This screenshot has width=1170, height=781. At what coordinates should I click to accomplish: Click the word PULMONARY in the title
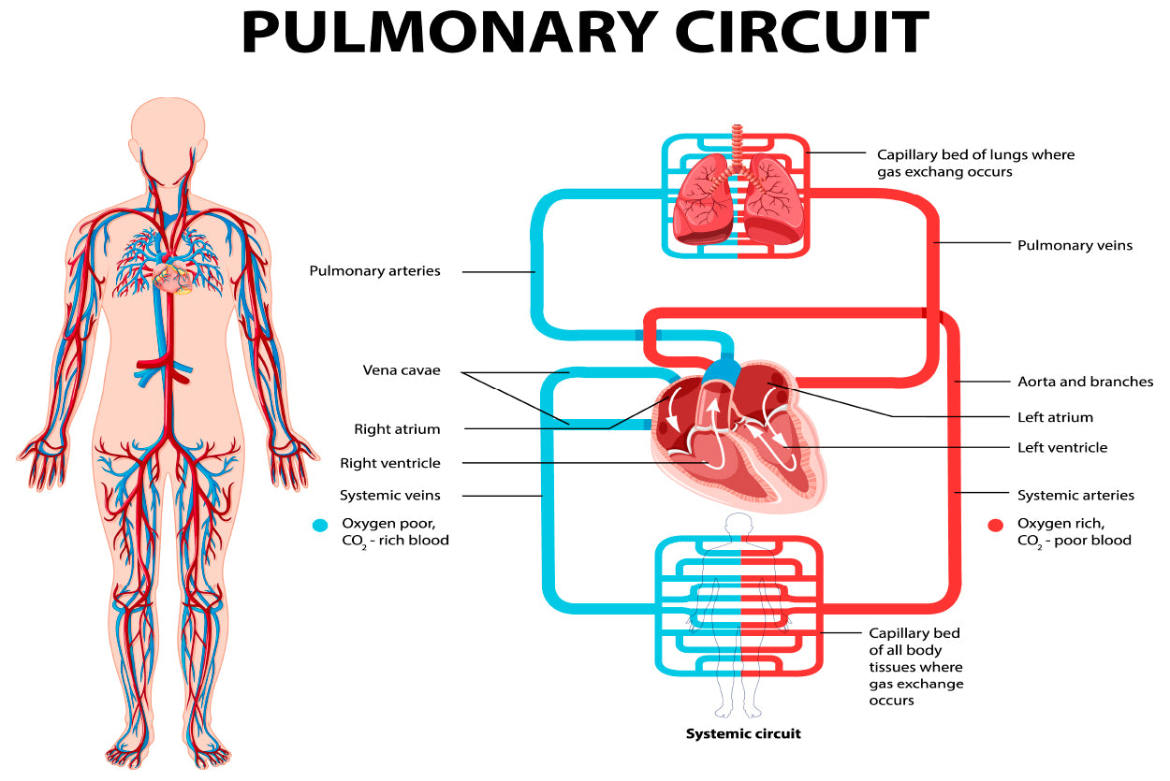448,34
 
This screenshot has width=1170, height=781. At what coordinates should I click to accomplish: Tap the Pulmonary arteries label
374,271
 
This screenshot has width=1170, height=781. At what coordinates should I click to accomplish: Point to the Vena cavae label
402,370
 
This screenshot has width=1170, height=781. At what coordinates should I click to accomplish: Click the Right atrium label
397,429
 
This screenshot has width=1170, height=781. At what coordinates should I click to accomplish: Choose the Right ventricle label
390,463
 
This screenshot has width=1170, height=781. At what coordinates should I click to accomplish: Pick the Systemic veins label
390,495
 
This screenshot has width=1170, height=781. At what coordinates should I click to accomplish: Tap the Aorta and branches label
1085,382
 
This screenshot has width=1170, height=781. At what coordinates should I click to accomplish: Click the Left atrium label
1055,417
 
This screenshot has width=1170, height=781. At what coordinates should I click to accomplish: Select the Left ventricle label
1062,447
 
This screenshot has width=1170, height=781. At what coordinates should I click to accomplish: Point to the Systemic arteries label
1075,495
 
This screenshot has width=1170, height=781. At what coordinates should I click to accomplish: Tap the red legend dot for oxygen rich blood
996,526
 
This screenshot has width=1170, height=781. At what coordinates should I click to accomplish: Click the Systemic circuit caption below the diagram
743,733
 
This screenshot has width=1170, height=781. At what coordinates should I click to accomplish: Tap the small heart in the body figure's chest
173,277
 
